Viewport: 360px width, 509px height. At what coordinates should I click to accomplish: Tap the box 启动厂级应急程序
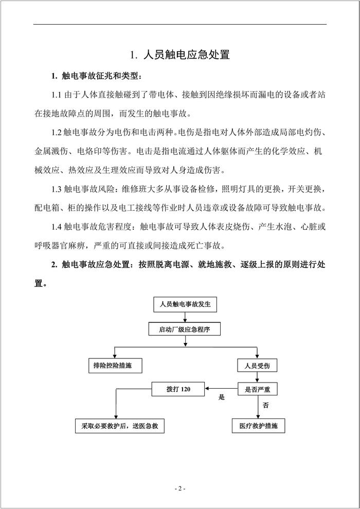click(185, 329)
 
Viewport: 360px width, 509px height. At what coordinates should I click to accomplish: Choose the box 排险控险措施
click(114, 365)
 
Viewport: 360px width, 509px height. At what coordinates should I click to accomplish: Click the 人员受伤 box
click(257, 365)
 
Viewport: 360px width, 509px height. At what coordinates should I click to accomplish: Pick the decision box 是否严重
click(257, 390)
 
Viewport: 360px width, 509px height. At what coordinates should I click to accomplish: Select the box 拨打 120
click(178, 390)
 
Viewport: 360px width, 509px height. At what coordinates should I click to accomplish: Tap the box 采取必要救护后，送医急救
click(120, 426)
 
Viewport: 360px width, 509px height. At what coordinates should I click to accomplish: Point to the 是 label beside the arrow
click(222, 397)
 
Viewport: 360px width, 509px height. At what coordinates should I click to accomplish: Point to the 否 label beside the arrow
click(265, 405)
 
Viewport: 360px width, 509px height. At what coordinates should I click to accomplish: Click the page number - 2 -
click(179, 488)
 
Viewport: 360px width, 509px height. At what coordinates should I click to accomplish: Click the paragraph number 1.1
click(57, 95)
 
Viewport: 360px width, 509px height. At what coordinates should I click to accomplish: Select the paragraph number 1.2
click(57, 133)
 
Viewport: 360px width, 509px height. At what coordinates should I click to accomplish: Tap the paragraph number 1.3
click(57, 189)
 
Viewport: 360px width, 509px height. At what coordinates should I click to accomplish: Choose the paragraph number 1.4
click(57, 226)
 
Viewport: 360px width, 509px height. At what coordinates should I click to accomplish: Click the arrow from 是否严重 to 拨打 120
click(222, 390)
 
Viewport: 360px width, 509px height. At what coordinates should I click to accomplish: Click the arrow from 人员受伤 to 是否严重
click(257, 377)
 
